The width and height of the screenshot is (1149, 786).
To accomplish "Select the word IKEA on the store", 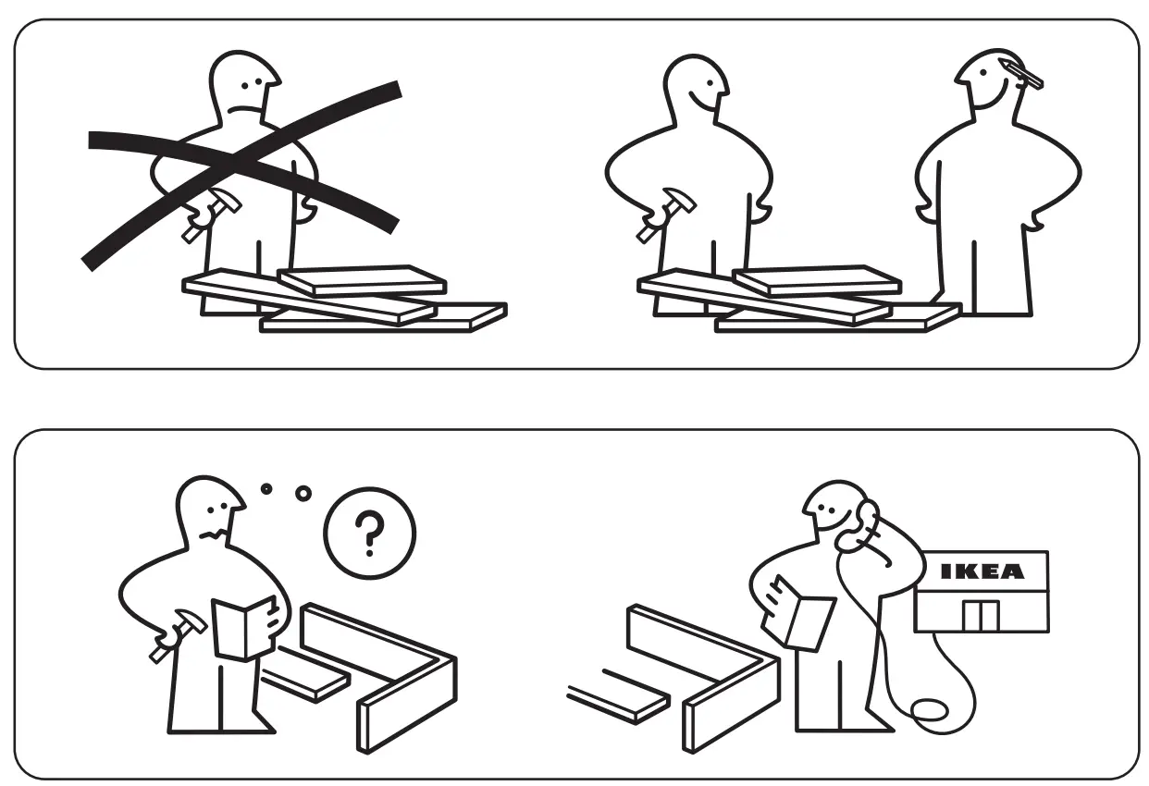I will click(x=982, y=571).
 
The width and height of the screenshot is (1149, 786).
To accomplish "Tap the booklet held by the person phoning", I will click(x=801, y=611).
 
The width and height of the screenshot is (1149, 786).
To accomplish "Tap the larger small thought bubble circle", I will click(x=303, y=493).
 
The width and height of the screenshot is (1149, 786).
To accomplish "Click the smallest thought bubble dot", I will click(x=266, y=486).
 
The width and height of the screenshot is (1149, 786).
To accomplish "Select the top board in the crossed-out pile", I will click(x=362, y=280).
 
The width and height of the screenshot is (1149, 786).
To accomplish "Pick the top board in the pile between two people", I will click(x=816, y=280).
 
